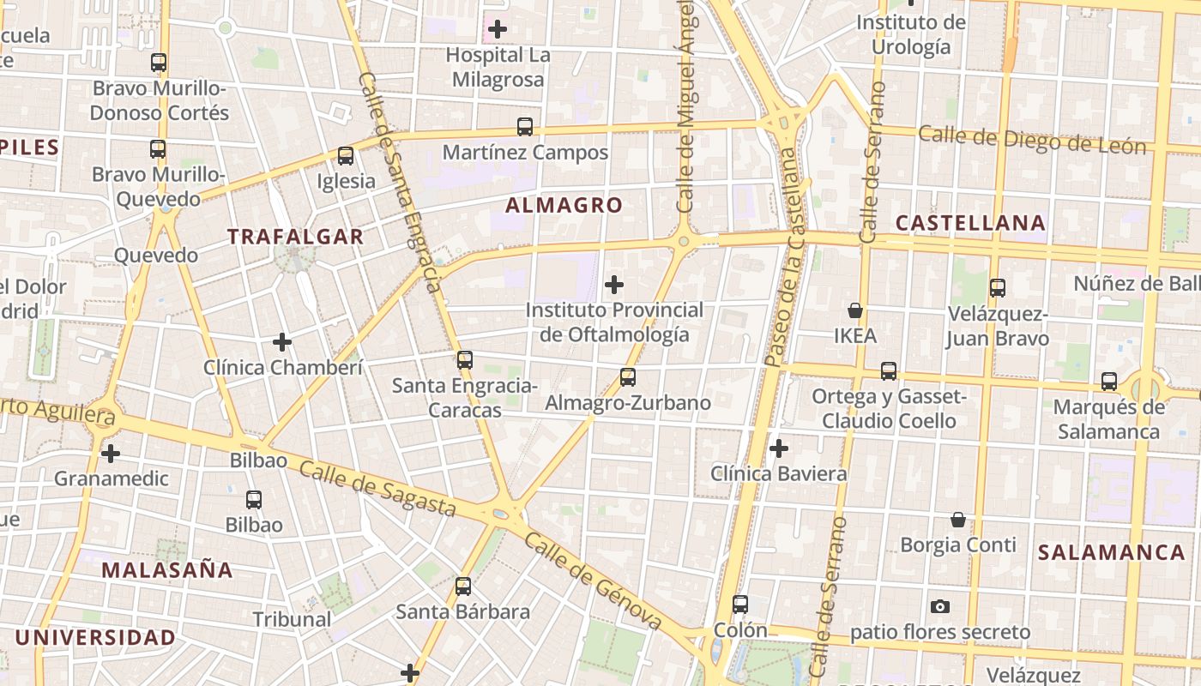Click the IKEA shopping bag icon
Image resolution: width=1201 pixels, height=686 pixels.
(854, 310)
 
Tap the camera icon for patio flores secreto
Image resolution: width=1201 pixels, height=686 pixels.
(940, 606)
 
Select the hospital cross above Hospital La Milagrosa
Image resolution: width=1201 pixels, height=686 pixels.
(497, 29)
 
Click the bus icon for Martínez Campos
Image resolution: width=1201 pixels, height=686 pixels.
(525, 127)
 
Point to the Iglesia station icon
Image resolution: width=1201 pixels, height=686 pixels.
(346, 156)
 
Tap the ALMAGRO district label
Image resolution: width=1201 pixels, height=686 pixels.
(564, 205)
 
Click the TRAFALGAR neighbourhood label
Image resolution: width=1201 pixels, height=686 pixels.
(295, 237)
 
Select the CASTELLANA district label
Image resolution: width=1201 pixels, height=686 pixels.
(970, 223)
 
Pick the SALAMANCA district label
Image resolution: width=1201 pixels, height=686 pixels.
(1112, 552)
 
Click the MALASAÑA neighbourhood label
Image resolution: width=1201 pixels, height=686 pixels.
(167, 570)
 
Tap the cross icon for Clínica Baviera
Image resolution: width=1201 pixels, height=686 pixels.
(779, 448)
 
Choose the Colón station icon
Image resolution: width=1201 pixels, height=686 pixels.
(740, 605)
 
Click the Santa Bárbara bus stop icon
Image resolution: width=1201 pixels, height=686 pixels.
(463, 587)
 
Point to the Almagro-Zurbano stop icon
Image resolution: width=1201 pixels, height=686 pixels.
(628, 377)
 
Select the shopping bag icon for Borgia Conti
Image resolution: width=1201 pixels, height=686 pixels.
(958, 520)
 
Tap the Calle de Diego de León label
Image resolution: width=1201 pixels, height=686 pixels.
(1032, 140)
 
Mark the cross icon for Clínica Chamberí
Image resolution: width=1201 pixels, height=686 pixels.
(282, 342)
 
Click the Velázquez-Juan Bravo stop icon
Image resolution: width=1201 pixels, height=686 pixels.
(998, 288)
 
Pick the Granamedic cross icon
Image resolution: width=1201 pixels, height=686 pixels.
(111, 453)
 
